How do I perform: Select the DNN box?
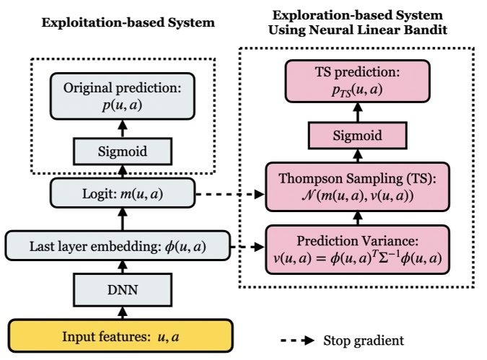[122, 291]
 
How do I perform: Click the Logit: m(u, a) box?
[122, 194]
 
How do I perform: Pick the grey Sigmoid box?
[122, 152]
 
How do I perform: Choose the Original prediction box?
[122, 96]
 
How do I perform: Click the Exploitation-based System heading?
[128, 22]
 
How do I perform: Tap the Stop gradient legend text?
[363, 339]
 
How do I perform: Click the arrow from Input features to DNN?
[122, 314]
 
